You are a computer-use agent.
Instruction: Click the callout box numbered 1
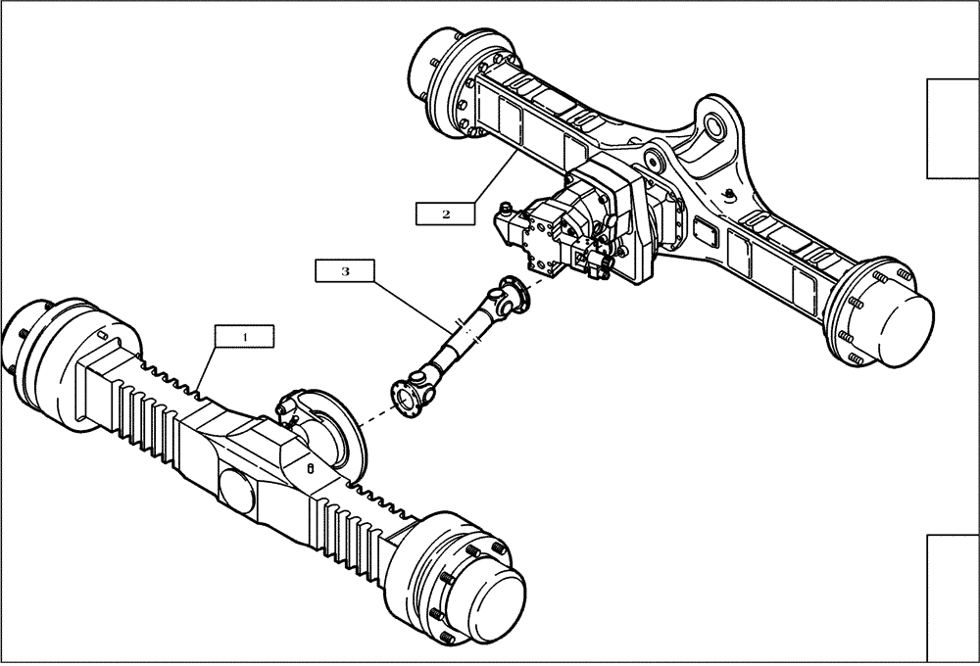(245, 336)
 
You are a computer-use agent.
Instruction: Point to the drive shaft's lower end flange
(404, 391)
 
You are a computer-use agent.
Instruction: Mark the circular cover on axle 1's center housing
(235, 489)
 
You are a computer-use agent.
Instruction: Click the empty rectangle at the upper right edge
(953, 128)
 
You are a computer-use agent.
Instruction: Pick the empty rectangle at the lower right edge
(953, 597)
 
